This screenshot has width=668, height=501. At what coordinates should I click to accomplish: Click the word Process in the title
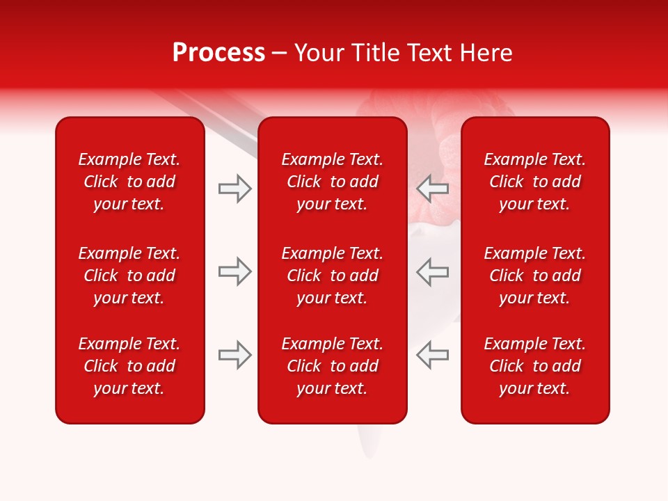[x=218, y=53]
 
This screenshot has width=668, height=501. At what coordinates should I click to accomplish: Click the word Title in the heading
[x=372, y=53]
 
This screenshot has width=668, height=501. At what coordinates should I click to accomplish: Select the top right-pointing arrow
[x=234, y=189]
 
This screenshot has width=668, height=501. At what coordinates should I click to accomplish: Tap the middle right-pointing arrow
[x=234, y=271]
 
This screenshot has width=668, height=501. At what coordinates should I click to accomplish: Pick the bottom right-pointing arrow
[x=234, y=355]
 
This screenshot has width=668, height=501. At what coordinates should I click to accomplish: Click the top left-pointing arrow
[x=433, y=189]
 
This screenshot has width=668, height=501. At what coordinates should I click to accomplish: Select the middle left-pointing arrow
[x=433, y=271]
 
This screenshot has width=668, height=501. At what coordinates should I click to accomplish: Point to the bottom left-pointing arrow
[x=433, y=355]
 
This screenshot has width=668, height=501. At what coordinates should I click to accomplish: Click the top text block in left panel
[x=129, y=182]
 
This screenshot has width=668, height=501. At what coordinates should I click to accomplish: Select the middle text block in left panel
[x=129, y=276]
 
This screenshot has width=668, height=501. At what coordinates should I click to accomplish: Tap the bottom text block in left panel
[x=129, y=366]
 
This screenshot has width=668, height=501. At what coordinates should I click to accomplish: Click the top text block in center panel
[x=332, y=182]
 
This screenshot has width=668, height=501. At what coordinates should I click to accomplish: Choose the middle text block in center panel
[x=332, y=276]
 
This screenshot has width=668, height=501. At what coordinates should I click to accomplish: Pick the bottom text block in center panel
[x=332, y=366]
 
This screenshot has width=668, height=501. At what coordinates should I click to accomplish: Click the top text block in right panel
[x=535, y=182]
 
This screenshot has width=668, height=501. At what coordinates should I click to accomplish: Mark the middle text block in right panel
[x=535, y=276]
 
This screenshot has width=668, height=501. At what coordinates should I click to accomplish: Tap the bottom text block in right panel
[x=535, y=366]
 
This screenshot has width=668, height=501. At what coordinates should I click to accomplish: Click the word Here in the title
[x=488, y=53]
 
